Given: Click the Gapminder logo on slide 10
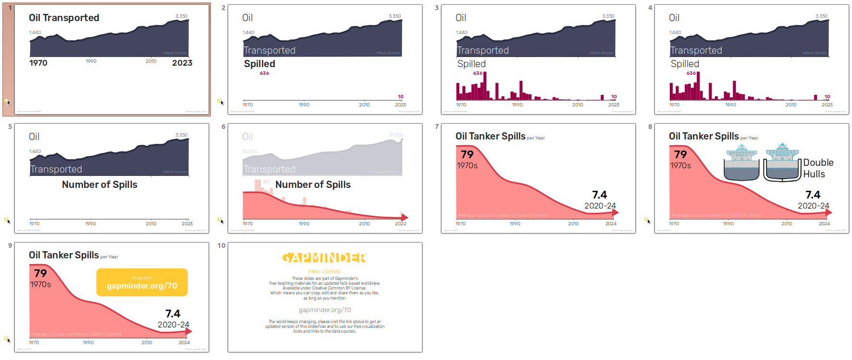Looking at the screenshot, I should point(325,258).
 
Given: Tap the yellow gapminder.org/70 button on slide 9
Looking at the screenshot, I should point(142,282).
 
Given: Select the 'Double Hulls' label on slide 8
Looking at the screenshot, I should point(818,168).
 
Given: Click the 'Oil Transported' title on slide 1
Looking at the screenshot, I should point(64,18).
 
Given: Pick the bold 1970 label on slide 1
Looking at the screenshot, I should point(38,63).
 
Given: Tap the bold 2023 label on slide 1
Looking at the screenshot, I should point(182,63).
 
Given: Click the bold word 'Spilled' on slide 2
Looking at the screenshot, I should point(259,64).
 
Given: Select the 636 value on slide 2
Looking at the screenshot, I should point(264,73).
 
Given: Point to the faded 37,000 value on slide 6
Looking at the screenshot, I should point(396,135).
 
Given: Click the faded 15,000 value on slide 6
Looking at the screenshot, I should point(250,151).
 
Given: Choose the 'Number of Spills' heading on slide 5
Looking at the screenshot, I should point(99,185).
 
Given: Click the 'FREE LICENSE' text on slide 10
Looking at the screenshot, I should point(325,272).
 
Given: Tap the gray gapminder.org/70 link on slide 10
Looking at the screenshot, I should point(325,310).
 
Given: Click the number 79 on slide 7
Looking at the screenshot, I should point(467,154).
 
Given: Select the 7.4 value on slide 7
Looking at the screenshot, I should point(599,195).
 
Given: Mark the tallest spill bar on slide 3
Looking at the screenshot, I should point(485,86).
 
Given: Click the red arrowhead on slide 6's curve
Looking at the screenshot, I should point(405,217).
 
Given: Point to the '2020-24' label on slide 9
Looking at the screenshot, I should point(173,325).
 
